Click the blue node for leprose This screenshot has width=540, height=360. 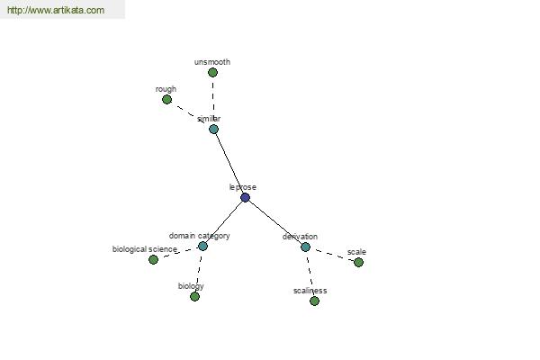coord(245,197)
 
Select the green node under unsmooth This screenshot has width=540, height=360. coord(212,72)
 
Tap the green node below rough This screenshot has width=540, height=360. coord(167,100)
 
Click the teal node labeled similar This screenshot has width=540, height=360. coord(213,130)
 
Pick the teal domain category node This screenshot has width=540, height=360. coord(202,246)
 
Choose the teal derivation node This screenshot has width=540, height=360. coord(305,247)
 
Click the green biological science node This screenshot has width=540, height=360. coord(153,259)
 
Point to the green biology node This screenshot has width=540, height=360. coord(194,296)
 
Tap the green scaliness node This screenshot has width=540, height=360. coord(314,301)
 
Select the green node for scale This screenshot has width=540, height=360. coord(358,262)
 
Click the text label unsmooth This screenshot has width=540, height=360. coord(212,62)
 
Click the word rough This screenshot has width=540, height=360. coord(166,89)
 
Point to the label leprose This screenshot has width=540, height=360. coord(243,187)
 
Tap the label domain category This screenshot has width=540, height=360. coord(200,236)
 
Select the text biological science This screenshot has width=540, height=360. coord(145,249)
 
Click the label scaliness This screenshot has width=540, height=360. coord(310,291)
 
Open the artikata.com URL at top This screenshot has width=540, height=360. coord(56,10)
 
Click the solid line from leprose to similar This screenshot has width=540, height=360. coord(229,163)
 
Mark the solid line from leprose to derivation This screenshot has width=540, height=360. coord(275,222)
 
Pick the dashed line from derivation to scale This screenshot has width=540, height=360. coord(332,255)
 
